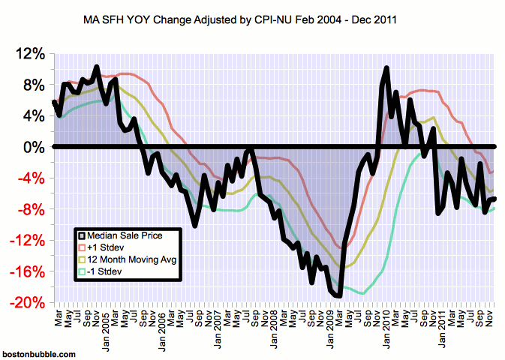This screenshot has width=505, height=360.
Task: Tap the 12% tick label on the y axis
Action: (x=29, y=55)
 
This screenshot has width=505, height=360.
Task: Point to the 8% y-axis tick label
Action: (x=32, y=85)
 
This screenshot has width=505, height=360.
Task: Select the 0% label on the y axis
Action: (x=32, y=148)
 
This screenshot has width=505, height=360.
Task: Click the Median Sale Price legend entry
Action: (x=128, y=235)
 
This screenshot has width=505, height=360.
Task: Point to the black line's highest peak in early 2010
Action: (x=386, y=69)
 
